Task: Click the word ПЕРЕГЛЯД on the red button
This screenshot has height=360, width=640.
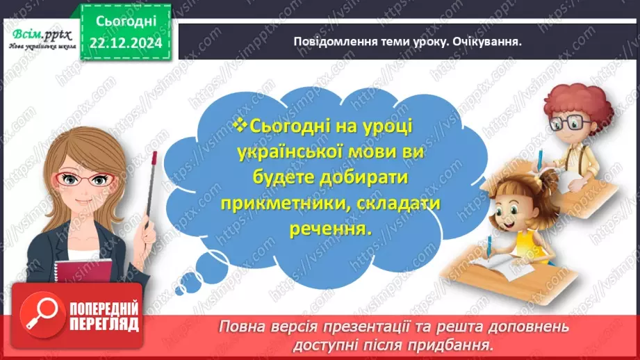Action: (104, 323)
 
